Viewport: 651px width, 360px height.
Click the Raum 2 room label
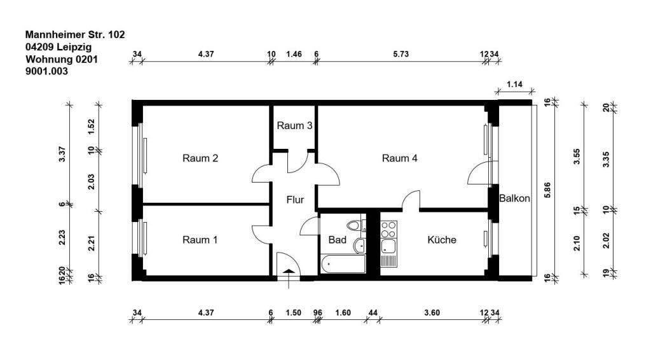coord(200,158)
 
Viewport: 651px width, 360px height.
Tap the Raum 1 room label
coord(200,240)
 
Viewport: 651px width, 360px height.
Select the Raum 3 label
coord(294,125)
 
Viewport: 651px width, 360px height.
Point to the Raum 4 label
coord(399,158)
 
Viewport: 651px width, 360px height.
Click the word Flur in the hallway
coord(295,200)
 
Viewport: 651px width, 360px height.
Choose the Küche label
coord(442,240)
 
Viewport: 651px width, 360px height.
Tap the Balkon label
coord(514,198)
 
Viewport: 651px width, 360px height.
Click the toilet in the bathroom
coord(354,225)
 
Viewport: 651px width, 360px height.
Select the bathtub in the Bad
coord(343,264)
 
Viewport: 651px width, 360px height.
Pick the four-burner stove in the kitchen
coord(389,230)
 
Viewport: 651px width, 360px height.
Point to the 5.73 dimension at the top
coord(401,54)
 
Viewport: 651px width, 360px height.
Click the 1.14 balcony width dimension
coord(514,85)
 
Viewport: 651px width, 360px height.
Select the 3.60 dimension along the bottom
coord(432,313)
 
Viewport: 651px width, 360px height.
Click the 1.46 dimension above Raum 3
coord(294,54)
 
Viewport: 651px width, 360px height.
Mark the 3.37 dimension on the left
coord(62,155)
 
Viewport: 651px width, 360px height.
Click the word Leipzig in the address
coord(74,47)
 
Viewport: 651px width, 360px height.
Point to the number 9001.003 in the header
coord(46,71)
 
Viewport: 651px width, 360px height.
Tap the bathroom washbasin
coord(360,245)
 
